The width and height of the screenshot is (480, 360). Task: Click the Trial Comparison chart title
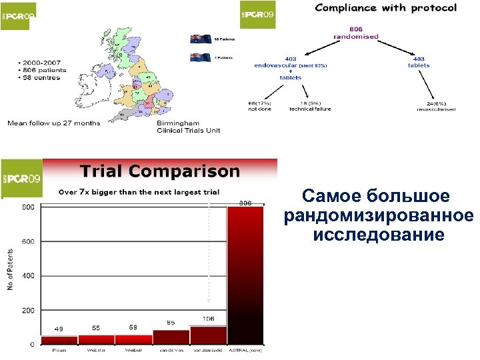click(160, 171)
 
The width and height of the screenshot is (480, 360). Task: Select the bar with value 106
click(208, 335)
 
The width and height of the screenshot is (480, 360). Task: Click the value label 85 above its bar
click(171, 323)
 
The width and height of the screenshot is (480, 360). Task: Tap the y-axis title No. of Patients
click(11, 273)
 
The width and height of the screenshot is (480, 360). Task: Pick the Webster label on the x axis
click(96, 350)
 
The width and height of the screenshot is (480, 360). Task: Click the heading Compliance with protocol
click(385, 8)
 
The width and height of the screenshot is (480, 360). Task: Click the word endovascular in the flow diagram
click(275, 65)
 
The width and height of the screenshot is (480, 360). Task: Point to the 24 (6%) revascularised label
click(441, 105)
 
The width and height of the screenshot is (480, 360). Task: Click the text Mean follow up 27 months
click(53, 123)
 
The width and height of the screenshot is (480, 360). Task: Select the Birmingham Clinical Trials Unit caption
click(188, 127)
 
